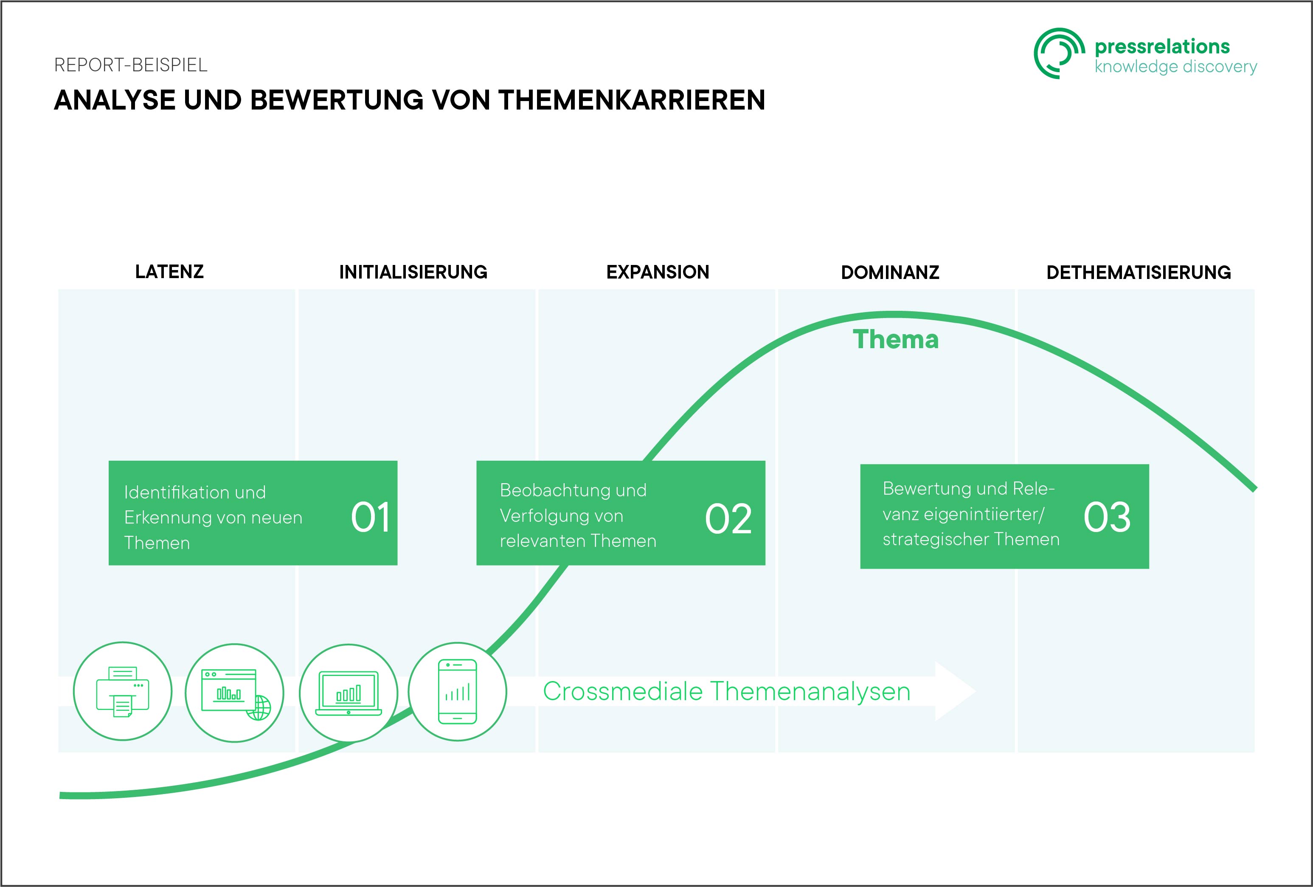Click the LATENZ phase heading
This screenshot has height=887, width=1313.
click(169, 272)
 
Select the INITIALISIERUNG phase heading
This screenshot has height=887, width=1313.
click(413, 272)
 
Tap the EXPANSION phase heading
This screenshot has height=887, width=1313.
click(658, 272)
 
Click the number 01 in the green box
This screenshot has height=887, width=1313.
click(371, 518)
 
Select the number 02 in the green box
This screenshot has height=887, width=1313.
click(728, 518)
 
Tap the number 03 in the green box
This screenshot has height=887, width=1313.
click(1107, 517)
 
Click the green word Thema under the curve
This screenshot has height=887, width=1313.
click(895, 340)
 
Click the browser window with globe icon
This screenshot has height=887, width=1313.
click(234, 693)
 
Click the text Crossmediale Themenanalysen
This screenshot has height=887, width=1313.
click(727, 692)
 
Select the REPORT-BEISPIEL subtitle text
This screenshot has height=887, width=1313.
click(130, 65)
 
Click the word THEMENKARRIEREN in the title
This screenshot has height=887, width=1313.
click(632, 100)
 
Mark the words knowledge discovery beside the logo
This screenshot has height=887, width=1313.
click(1176, 67)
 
